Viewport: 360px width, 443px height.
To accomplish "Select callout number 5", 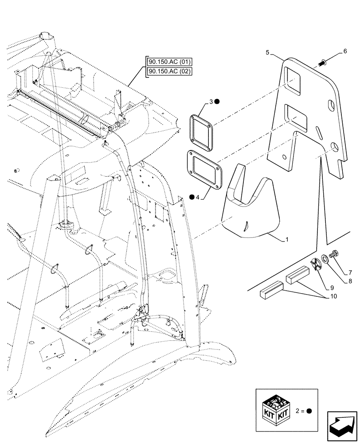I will click(x=267, y=53).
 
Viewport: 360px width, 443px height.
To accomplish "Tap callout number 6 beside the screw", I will click(x=345, y=51).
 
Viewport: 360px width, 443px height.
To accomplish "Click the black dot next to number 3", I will click(x=217, y=102).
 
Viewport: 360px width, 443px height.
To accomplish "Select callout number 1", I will click(x=287, y=240).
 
